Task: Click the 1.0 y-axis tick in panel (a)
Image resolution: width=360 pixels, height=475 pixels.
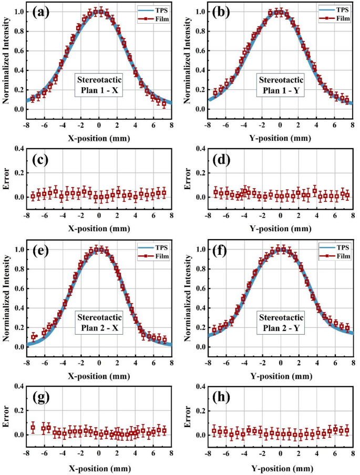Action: (17, 12)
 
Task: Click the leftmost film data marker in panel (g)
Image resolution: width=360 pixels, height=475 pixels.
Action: (33, 428)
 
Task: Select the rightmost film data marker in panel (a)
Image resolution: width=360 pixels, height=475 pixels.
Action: (164, 104)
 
